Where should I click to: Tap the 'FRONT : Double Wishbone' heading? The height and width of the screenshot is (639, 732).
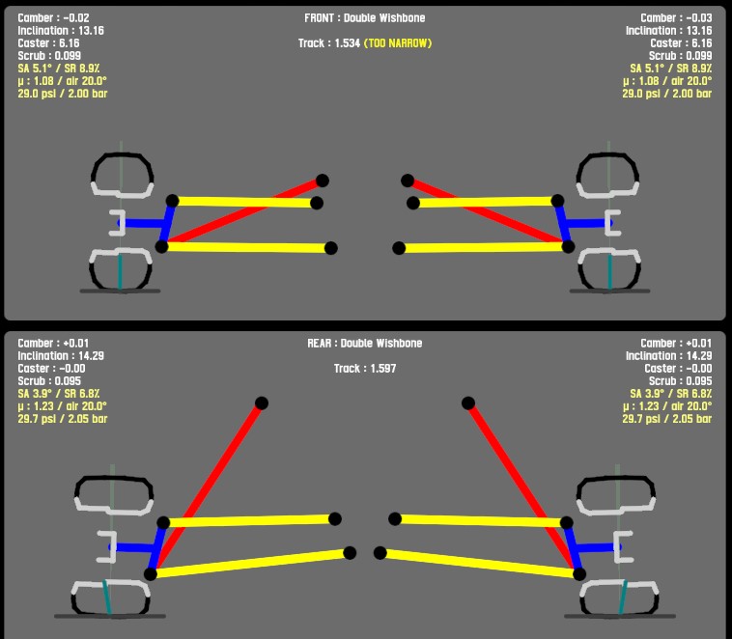pos(365,18)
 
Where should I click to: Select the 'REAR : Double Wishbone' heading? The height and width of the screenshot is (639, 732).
pos(365,343)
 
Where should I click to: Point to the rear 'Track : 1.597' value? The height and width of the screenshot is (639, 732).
pos(365,369)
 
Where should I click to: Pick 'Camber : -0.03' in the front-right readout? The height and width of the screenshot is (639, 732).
pos(676,18)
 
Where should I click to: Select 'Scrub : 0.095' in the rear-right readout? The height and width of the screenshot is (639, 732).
pos(680,381)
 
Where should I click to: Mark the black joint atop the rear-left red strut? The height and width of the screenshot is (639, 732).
pos(261,403)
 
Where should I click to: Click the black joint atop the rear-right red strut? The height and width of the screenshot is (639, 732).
pos(468,403)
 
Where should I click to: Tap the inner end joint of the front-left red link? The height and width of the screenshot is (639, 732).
pos(322,181)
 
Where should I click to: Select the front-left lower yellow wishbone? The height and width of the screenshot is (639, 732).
pos(246,247)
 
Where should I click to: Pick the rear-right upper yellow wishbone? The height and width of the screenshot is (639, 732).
pos(480,520)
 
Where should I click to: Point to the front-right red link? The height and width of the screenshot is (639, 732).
pos(483,212)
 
